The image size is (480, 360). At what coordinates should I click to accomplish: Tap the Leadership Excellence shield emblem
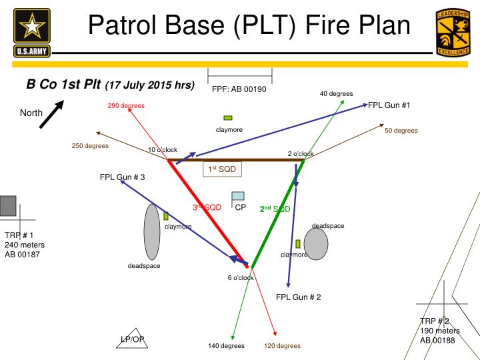tap(455, 32)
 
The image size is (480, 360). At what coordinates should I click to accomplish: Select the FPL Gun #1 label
tap(389, 105)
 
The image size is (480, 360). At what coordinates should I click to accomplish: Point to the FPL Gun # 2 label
tap(299, 297)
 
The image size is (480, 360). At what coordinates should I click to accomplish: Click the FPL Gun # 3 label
tap(122, 177)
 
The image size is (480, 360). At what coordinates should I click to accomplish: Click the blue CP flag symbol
tap(237, 196)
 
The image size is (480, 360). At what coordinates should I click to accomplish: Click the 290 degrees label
tap(126, 106)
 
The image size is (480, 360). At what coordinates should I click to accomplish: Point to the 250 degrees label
tap(90, 146)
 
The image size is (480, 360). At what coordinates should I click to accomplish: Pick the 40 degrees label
tap(336, 94)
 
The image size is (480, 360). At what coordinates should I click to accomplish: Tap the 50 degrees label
tap(401, 131)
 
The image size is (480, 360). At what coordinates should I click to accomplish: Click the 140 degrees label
tap(226, 346)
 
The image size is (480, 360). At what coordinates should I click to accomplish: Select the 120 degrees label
tap(282, 346)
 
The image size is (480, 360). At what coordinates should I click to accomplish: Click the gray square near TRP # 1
tap(7, 205)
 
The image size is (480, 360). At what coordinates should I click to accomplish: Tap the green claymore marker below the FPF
tap(228, 118)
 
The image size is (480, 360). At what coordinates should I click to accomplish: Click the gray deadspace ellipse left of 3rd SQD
tap(152, 232)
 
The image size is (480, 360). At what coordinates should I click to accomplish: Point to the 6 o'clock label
tap(241, 277)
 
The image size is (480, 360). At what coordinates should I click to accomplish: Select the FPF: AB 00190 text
tap(239, 89)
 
